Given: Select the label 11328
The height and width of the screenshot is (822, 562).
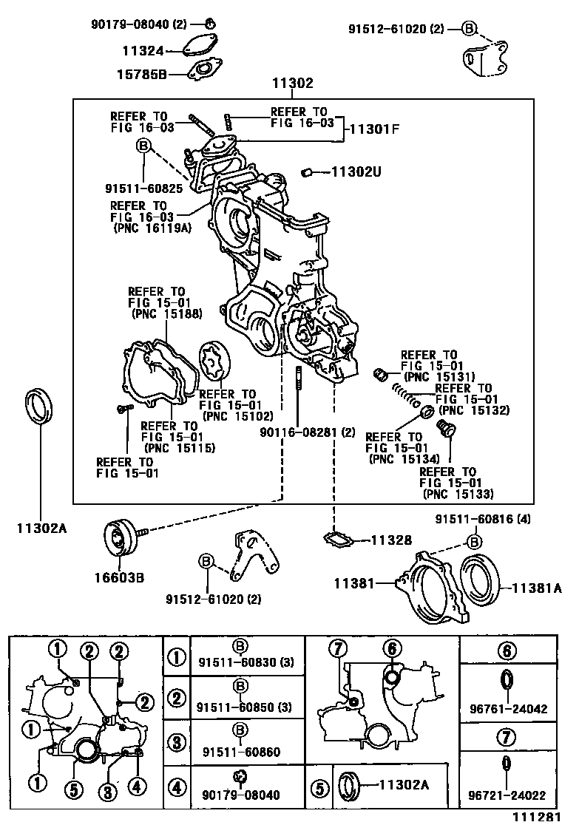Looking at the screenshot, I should (391, 540).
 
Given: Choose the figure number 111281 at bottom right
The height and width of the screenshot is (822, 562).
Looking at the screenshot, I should (535, 815).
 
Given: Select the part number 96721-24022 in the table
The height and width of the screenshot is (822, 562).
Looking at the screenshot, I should (507, 796).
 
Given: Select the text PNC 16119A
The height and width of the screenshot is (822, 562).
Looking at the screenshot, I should (152, 228).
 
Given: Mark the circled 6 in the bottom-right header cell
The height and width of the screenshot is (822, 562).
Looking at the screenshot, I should (506, 651).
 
